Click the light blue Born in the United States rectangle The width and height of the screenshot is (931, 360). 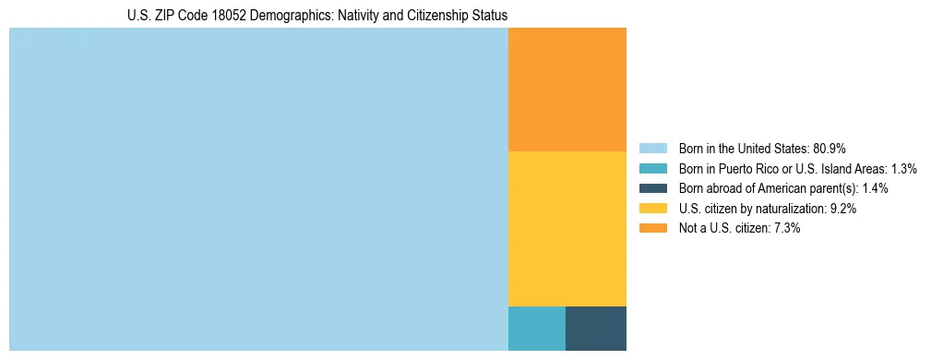tap(258, 189)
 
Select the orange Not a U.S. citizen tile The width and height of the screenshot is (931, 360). tap(567, 90)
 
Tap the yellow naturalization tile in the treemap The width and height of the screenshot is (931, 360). tap(567, 228)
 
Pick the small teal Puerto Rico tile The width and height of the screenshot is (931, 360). tap(537, 328)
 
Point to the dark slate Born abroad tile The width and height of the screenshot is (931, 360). tap(596, 328)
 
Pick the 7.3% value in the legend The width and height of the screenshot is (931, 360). tap(785, 228)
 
